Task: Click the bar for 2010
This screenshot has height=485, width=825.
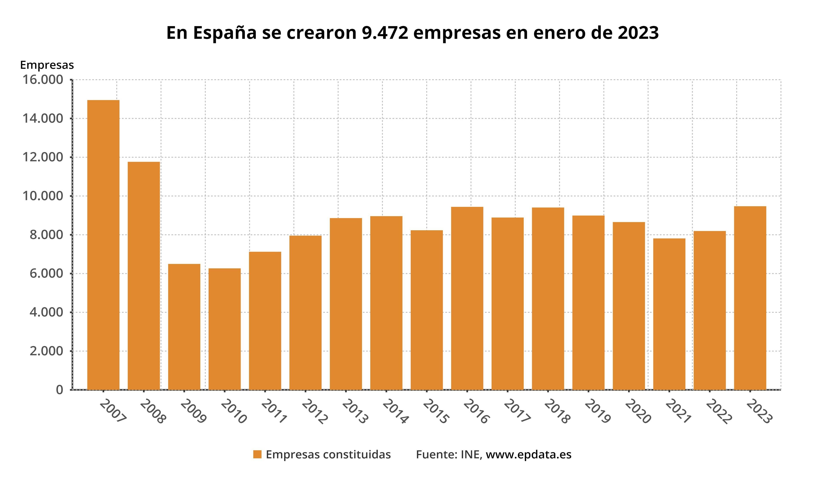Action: pos(225,329)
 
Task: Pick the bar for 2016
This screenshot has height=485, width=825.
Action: pos(467,298)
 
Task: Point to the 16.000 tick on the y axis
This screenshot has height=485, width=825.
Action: pos(43,80)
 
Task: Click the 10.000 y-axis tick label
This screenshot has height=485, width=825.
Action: pos(43,196)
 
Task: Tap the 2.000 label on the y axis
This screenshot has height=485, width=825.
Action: pos(46,351)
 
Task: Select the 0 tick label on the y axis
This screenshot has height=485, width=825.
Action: pos(59,390)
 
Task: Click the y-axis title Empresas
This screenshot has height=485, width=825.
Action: pos(47,65)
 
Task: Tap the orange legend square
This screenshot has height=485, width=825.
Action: pos(257,454)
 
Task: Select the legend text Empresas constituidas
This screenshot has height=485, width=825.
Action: pos(328,454)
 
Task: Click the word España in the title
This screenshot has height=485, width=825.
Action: pos(225,33)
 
